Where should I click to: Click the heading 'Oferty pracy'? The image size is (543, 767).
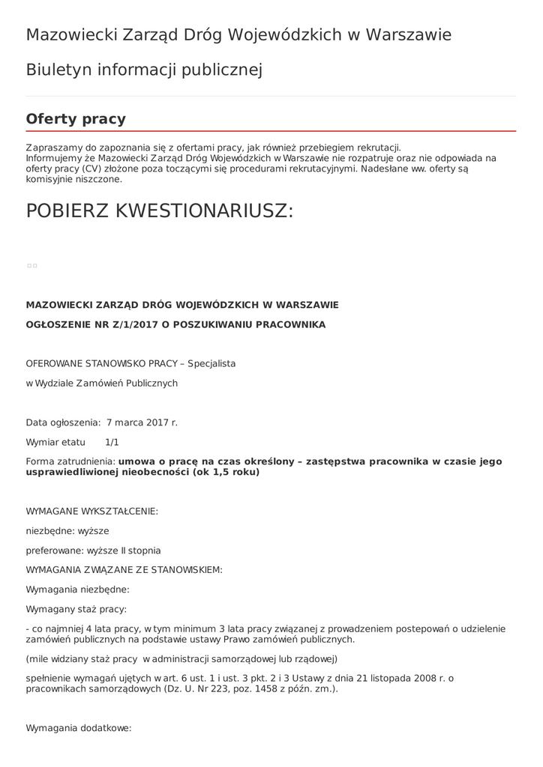click(x=76, y=119)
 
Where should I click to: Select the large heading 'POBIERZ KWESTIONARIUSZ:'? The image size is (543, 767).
click(x=160, y=211)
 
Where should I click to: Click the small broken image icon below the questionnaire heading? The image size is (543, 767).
click(x=31, y=266)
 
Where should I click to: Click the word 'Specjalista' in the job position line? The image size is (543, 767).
click(x=211, y=363)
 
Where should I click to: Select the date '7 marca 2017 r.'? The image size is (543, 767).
click(x=142, y=422)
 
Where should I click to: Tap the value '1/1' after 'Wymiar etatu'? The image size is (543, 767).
click(x=112, y=442)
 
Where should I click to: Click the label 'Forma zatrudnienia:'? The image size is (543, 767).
click(x=70, y=461)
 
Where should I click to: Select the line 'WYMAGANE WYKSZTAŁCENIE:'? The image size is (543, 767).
click(x=91, y=511)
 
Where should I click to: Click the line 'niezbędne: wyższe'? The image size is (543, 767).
click(x=67, y=530)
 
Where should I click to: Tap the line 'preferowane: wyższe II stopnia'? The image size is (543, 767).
click(x=93, y=550)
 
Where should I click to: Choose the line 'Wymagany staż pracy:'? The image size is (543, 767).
click(x=76, y=608)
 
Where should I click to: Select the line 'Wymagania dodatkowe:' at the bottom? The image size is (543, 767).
click(x=79, y=727)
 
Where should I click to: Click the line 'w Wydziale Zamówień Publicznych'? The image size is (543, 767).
click(x=102, y=383)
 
